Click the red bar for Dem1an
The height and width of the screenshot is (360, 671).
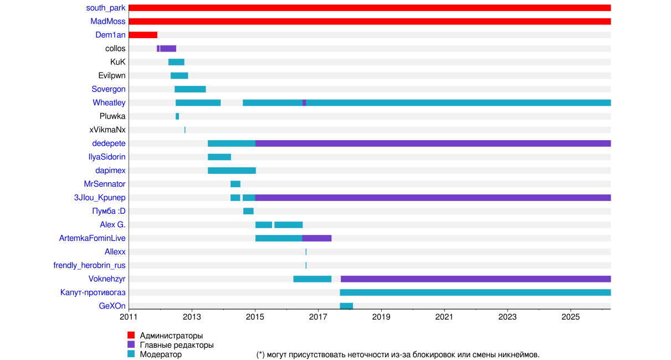(x=143, y=35)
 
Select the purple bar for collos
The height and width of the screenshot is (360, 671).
(x=168, y=49)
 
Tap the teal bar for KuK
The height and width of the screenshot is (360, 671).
(x=176, y=62)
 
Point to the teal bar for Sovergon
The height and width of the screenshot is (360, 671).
(x=190, y=89)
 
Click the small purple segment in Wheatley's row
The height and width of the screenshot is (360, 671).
(x=304, y=102)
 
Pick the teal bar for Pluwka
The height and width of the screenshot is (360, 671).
(x=177, y=116)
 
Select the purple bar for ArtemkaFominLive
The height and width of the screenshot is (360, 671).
(x=317, y=238)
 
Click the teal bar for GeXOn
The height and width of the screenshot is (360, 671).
(x=346, y=306)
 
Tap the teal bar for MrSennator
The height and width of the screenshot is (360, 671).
(x=235, y=184)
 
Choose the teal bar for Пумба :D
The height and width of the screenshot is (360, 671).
(x=248, y=211)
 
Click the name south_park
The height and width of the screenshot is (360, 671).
(x=106, y=8)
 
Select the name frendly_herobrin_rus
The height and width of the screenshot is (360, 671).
(x=89, y=265)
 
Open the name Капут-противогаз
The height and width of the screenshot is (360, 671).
(x=93, y=292)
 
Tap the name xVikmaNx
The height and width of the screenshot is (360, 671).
(x=107, y=130)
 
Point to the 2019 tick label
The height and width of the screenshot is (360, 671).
(x=381, y=317)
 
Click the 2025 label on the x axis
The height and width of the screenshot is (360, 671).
(x=571, y=317)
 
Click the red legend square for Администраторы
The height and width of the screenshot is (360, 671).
(x=131, y=335)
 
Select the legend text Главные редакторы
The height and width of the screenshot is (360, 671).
(x=177, y=345)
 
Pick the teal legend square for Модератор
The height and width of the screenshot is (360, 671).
(x=131, y=354)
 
